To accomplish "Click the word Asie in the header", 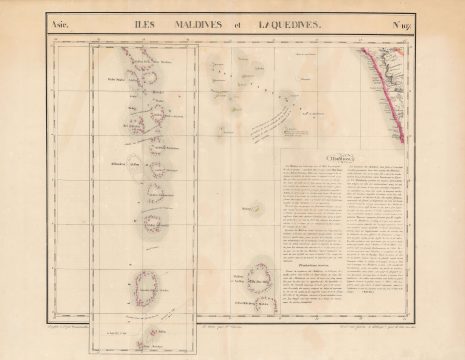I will [61, 26].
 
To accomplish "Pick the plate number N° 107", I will [401, 26].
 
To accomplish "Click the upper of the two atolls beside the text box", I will [265, 273].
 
